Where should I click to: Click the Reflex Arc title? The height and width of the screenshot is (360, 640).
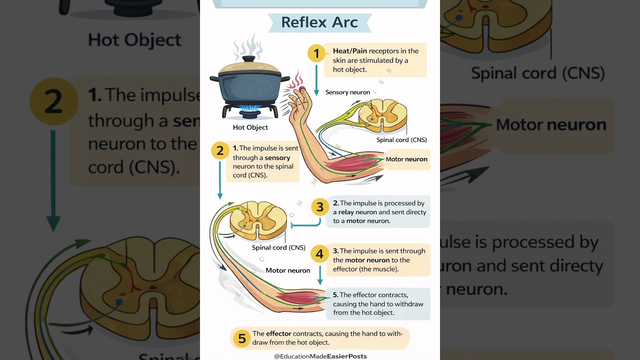[x=319, y=22]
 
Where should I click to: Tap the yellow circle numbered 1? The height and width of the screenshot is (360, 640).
[x=316, y=53]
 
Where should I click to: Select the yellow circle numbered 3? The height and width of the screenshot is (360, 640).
[x=320, y=207]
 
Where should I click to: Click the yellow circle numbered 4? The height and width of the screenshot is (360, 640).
[x=320, y=254]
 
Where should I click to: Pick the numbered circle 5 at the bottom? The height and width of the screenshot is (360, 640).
[x=241, y=338]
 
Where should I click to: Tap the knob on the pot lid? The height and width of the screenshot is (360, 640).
[x=248, y=59]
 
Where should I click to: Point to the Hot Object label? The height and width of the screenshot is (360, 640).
[x=250, y=127]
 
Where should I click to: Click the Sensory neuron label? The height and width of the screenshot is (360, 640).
[x=347, y=92]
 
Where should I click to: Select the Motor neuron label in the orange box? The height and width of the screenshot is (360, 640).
[x=406, y=159]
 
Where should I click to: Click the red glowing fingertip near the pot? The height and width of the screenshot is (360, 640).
[x=302, y=89]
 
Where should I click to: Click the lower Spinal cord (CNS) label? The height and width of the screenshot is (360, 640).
[x=278, y=247]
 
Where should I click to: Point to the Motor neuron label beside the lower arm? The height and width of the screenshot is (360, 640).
[x=287, y=270]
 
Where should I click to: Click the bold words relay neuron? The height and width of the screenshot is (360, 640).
[x=357, y=212]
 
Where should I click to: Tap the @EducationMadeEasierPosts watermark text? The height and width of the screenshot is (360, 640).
[x=320, y=356]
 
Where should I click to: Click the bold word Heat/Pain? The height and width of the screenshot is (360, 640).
[x=350, y=51]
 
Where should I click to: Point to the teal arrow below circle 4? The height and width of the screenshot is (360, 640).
[x=320, y=275]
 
